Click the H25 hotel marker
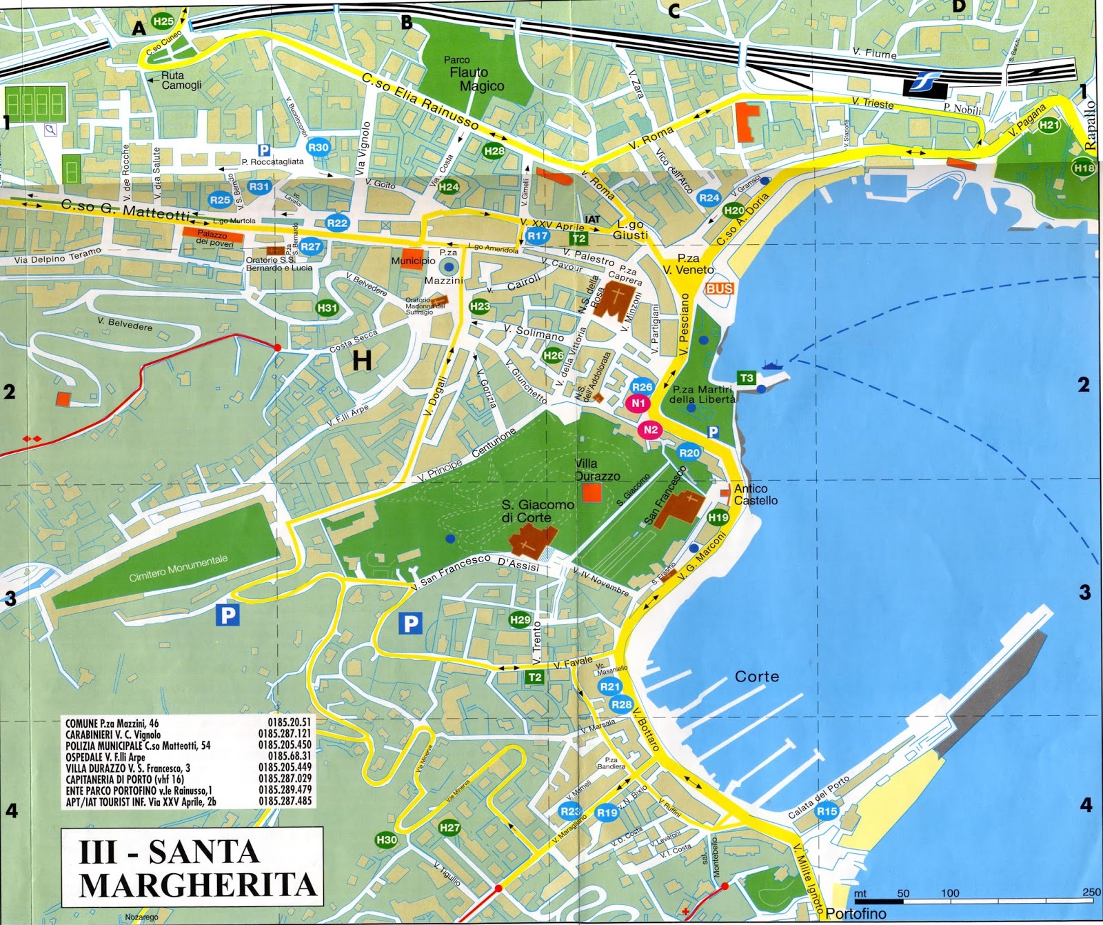[x=163, y=21]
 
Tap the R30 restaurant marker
[x=318, y=147]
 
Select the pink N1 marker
[x=638, y=403]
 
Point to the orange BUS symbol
[x=719, y=288]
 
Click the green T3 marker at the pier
[x=747, y=377]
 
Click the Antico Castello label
[x=756, y=495]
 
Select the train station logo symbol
[x=924, y=83]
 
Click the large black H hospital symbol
[x=362, y=360]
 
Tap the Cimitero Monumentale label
[x=178, y=568]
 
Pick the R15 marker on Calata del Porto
[x=827, y=811]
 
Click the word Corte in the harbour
[x=757, y=677]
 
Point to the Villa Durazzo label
[x=597, y=470]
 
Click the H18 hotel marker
[x=1084, y=168]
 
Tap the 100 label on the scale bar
[x=950, y=893]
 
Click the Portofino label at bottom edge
[x=856, y=914]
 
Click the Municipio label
[x=413, y=261]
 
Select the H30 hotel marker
[x=386, y=839]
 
